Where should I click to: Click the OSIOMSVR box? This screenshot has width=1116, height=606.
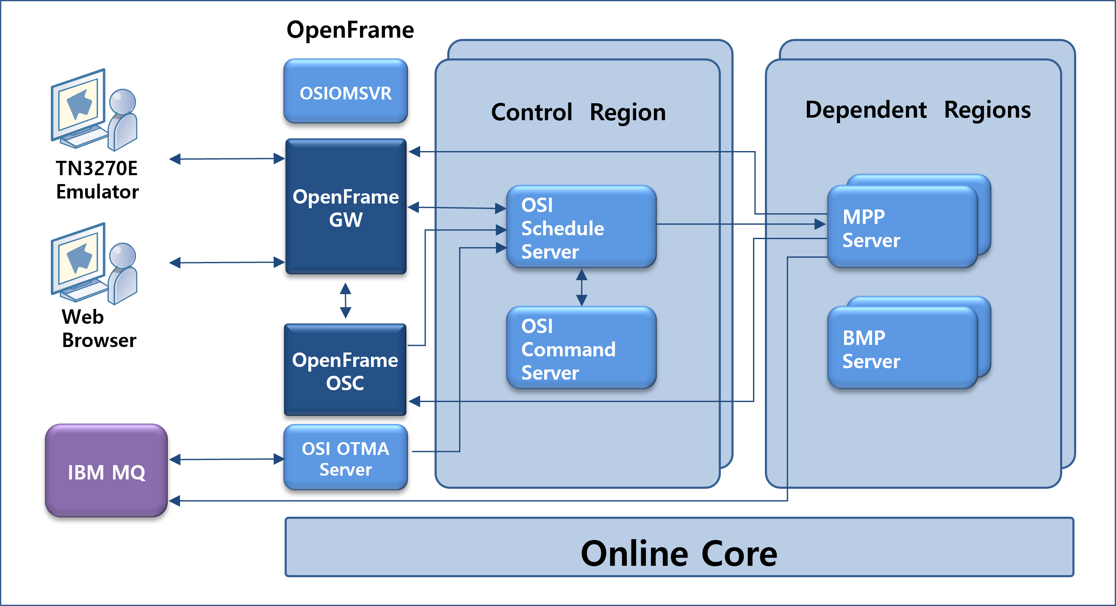345,92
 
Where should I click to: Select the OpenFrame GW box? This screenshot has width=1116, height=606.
345,207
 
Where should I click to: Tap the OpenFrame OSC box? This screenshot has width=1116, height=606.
345,371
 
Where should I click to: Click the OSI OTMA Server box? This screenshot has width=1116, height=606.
345,458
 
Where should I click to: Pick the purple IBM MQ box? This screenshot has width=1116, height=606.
106,471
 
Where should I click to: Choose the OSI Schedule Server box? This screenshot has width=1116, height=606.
581,227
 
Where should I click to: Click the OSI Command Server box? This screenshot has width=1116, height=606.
581,348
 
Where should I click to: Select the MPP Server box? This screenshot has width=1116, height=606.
902,227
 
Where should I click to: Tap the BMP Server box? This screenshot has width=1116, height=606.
902,348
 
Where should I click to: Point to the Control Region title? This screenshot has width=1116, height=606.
578,112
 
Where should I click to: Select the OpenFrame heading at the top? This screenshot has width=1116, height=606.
350,30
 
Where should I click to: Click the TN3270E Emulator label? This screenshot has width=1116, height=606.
97,179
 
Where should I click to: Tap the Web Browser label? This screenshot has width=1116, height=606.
98,328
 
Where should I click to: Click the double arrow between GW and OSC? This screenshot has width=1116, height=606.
345,300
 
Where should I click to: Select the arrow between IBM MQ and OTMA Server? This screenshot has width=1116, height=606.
226,459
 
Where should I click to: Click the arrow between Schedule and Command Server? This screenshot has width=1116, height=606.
582,287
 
